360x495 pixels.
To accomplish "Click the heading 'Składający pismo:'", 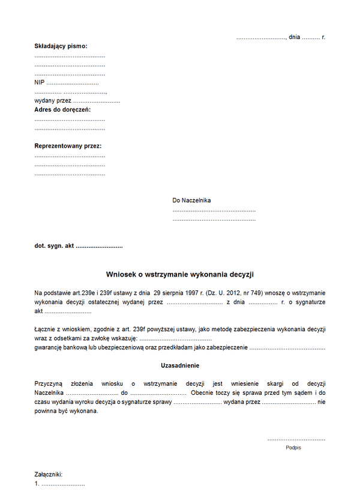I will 61,46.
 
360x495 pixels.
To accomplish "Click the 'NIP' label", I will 40,82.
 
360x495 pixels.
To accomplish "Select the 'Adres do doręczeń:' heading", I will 62,110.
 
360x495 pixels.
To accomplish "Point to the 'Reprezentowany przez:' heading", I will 68,146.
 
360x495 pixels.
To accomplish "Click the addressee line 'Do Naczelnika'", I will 191,200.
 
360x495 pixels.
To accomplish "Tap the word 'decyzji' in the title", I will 242,275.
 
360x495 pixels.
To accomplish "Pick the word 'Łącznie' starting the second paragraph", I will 46,329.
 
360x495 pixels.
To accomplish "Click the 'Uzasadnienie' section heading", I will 180,365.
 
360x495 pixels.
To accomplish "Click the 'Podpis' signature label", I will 293,448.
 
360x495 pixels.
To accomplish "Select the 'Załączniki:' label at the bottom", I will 48,475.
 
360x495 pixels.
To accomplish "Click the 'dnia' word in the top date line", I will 294,37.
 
